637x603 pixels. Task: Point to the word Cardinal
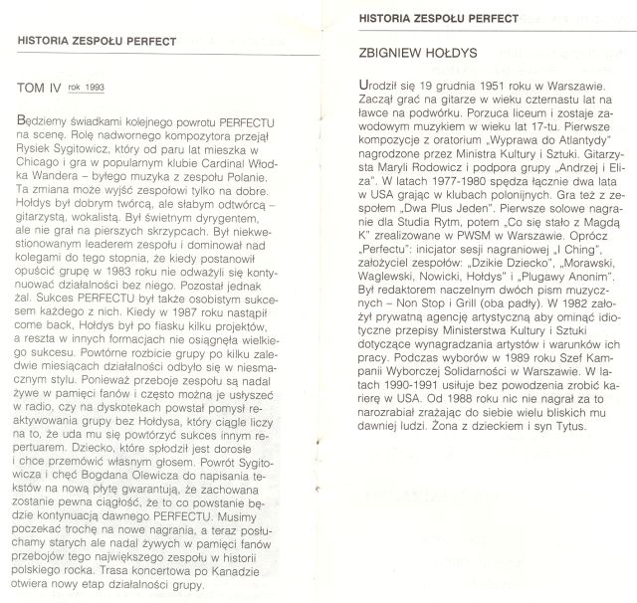click(x=221, y=171)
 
